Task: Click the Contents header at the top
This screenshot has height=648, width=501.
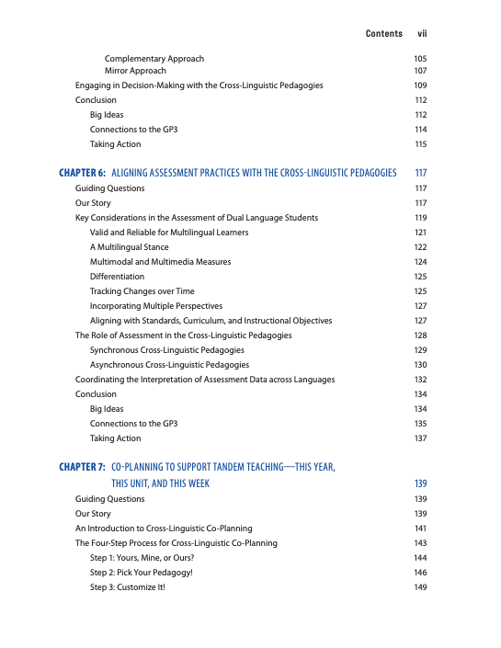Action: pyautogui.click(x=383, y=33)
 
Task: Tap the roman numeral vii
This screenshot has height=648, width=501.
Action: pyautogui.click(x=423, y=33)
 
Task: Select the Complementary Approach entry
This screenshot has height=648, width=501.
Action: pyautogui.click(x=154, y=59)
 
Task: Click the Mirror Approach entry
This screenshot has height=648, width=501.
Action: pyautogui.click(x=135, y=71)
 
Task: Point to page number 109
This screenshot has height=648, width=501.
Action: pyautogui.click(x=421, y=85)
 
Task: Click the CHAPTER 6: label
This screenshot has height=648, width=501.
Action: pyautogui.click(x=82, y=173)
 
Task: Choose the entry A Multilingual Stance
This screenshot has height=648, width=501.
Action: pyautogui.click(x=129, y=247)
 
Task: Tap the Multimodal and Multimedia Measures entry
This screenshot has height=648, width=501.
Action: pyautogui.click(x=160, y=262)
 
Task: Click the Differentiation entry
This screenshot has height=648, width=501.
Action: pyautogui.click(x=117, y=277)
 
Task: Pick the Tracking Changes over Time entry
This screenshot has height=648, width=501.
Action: pyautogui.click(x=142, y=291)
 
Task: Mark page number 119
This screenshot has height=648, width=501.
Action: pyautogui.click(x=421, y=218)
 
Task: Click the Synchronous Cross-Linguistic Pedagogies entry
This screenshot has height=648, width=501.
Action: pyautogui.click(x=166, y=350)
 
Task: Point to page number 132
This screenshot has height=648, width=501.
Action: pyautogui.click(x=421, y=380)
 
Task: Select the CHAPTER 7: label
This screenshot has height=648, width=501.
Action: pyautogui.click(x=82, y=467)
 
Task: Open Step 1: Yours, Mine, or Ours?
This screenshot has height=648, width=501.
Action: pyautogui.click(x=145, y=558)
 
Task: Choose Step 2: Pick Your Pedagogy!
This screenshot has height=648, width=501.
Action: pyautogui.click(x=142, y=573)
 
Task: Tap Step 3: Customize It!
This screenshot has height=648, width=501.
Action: pyautogui.click(x=128, y=587)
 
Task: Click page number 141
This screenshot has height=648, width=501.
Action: pyautogui.click(x=421, y=529)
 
